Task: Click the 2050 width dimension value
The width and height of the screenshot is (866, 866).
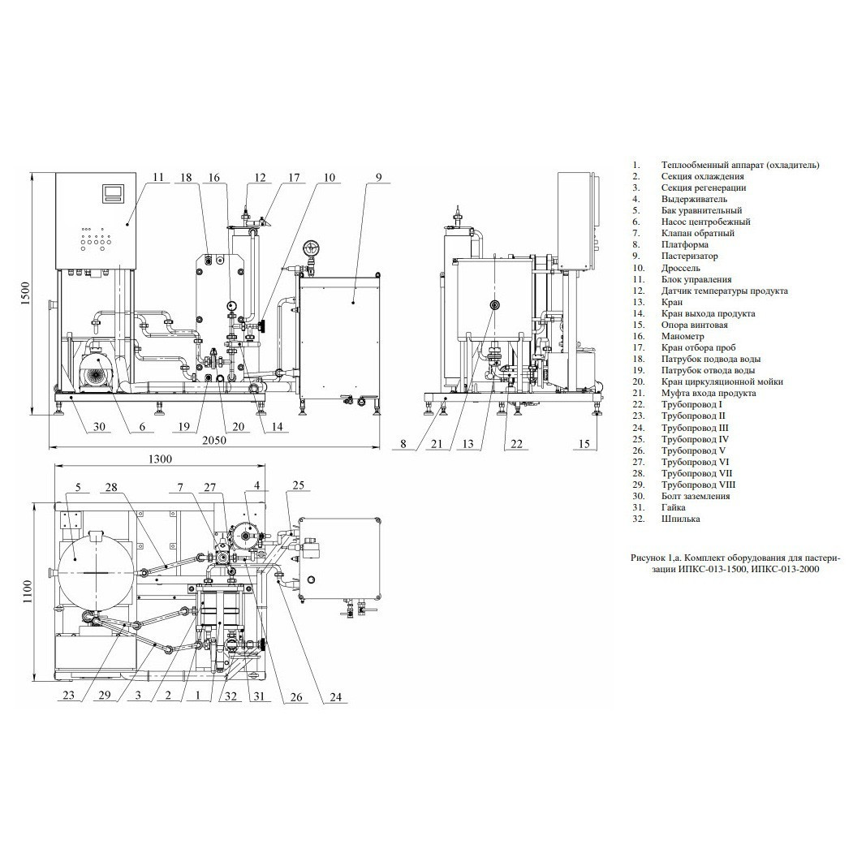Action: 214,440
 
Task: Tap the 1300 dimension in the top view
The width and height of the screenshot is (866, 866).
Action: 160,459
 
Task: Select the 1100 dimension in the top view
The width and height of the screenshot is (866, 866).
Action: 28,592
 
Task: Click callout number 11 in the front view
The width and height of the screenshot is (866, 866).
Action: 158,177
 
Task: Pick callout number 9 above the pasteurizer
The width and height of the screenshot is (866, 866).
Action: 378,177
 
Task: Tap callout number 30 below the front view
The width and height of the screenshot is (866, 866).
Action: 99,426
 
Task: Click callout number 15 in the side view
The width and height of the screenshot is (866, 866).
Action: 584,443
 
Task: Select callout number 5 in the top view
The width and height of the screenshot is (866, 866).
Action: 78,487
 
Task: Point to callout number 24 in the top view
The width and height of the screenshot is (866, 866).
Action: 336,697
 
